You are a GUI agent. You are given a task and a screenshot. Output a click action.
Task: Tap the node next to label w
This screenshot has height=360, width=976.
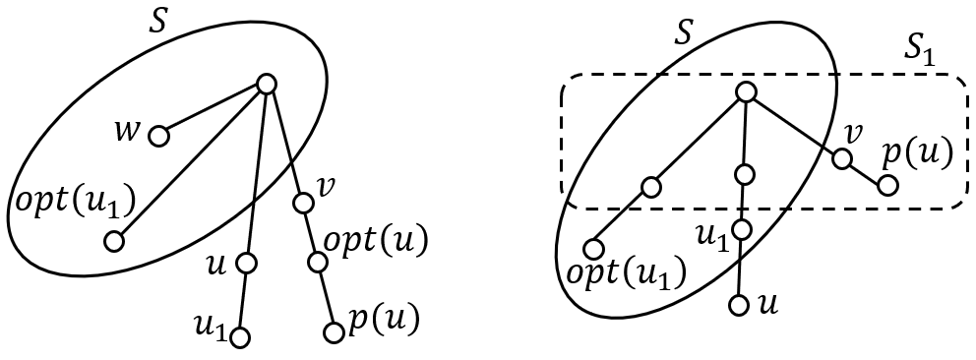(157, 136)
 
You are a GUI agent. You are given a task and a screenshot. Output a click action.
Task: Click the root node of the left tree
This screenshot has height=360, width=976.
(265, 85)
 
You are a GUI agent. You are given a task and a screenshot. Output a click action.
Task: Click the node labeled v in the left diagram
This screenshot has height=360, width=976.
(304, 203)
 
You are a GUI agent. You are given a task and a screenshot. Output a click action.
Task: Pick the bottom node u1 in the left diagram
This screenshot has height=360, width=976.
(238, 337)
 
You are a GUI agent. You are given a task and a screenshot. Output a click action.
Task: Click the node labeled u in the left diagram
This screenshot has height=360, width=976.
(246, 263)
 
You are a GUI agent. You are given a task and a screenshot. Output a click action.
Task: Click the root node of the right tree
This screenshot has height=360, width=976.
(745, 91)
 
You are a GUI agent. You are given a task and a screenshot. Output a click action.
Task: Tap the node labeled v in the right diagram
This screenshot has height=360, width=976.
(841, 157)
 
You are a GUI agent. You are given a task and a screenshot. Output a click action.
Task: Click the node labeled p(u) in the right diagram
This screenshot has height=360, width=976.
(886, 184)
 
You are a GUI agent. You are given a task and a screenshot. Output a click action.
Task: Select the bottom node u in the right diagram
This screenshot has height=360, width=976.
(740, 304)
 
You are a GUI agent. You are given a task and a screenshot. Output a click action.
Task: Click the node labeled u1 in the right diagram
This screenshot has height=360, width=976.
(742, 229)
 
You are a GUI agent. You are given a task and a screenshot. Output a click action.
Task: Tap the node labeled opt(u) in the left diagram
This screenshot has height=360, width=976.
(317, 263)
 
